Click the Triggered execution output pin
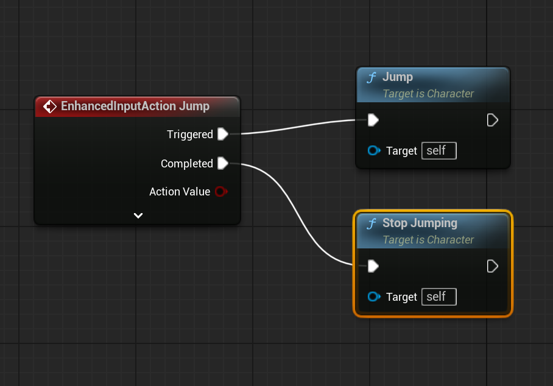pos(223,134)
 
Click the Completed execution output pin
pos(223,163)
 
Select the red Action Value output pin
pos(221,191)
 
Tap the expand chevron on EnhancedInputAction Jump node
pos(138,216)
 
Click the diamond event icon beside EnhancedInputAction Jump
pos(50,107)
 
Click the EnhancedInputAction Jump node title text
pos(135,106)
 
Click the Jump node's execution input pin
pos(373,120)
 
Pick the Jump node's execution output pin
pos(492,120)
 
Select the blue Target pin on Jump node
pos(374,150)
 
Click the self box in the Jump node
pos(439,150)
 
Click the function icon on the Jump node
pos(372,77)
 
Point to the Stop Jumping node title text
pos(420,223)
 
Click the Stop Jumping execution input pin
pos(373,266)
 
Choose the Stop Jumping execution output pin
pos(492,266)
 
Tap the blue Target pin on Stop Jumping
pos(374,297)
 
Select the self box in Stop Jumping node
pos(439,297)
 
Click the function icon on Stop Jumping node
pos(372,223)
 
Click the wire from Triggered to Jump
pos(298,127)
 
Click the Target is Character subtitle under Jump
pos(428,93)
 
